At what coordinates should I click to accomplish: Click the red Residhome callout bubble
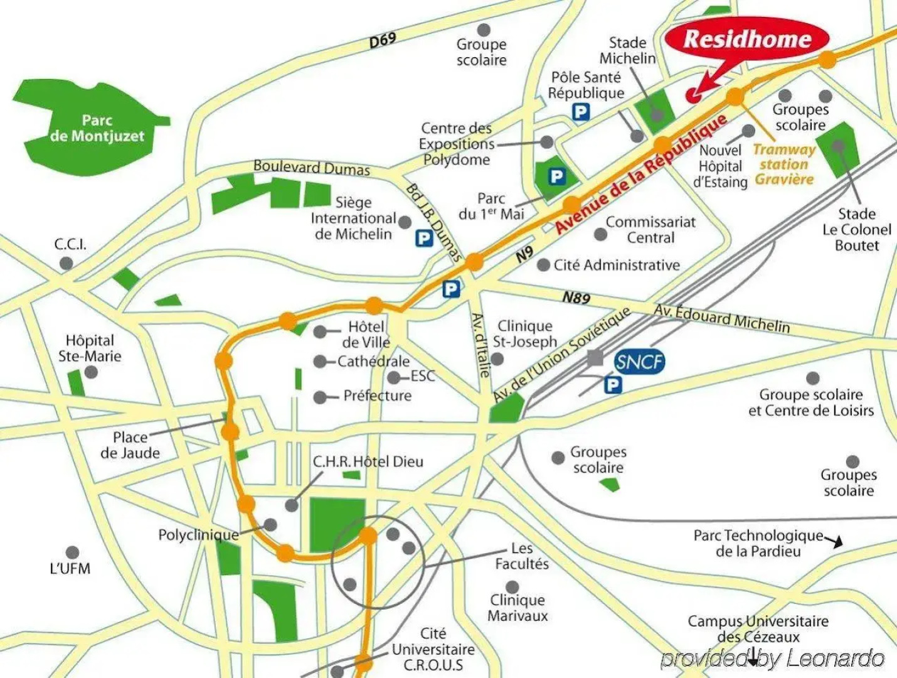point(746,40)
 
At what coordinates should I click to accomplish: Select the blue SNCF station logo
point(639,362)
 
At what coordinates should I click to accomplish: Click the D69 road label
point(383,40)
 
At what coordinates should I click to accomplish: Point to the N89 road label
point(576,298)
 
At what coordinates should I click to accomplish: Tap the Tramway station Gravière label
point(784,164)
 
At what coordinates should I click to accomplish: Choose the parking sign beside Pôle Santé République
point(581,112)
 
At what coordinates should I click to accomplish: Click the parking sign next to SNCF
point(613,384)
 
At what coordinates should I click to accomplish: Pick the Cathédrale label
point(373,362)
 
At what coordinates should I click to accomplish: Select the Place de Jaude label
point(130,444)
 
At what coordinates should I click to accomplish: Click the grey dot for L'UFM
point(73,553)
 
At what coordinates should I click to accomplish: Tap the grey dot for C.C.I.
point(66,264)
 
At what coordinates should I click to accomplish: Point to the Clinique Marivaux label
point(517,608)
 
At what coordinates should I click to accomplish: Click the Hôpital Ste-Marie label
point(90,348)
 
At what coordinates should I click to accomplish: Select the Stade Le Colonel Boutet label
point(856,230)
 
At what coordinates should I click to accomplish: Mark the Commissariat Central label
point(650,230)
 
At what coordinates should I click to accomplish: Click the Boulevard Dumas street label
point(312,168)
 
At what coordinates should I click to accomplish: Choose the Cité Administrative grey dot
point(543,265)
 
